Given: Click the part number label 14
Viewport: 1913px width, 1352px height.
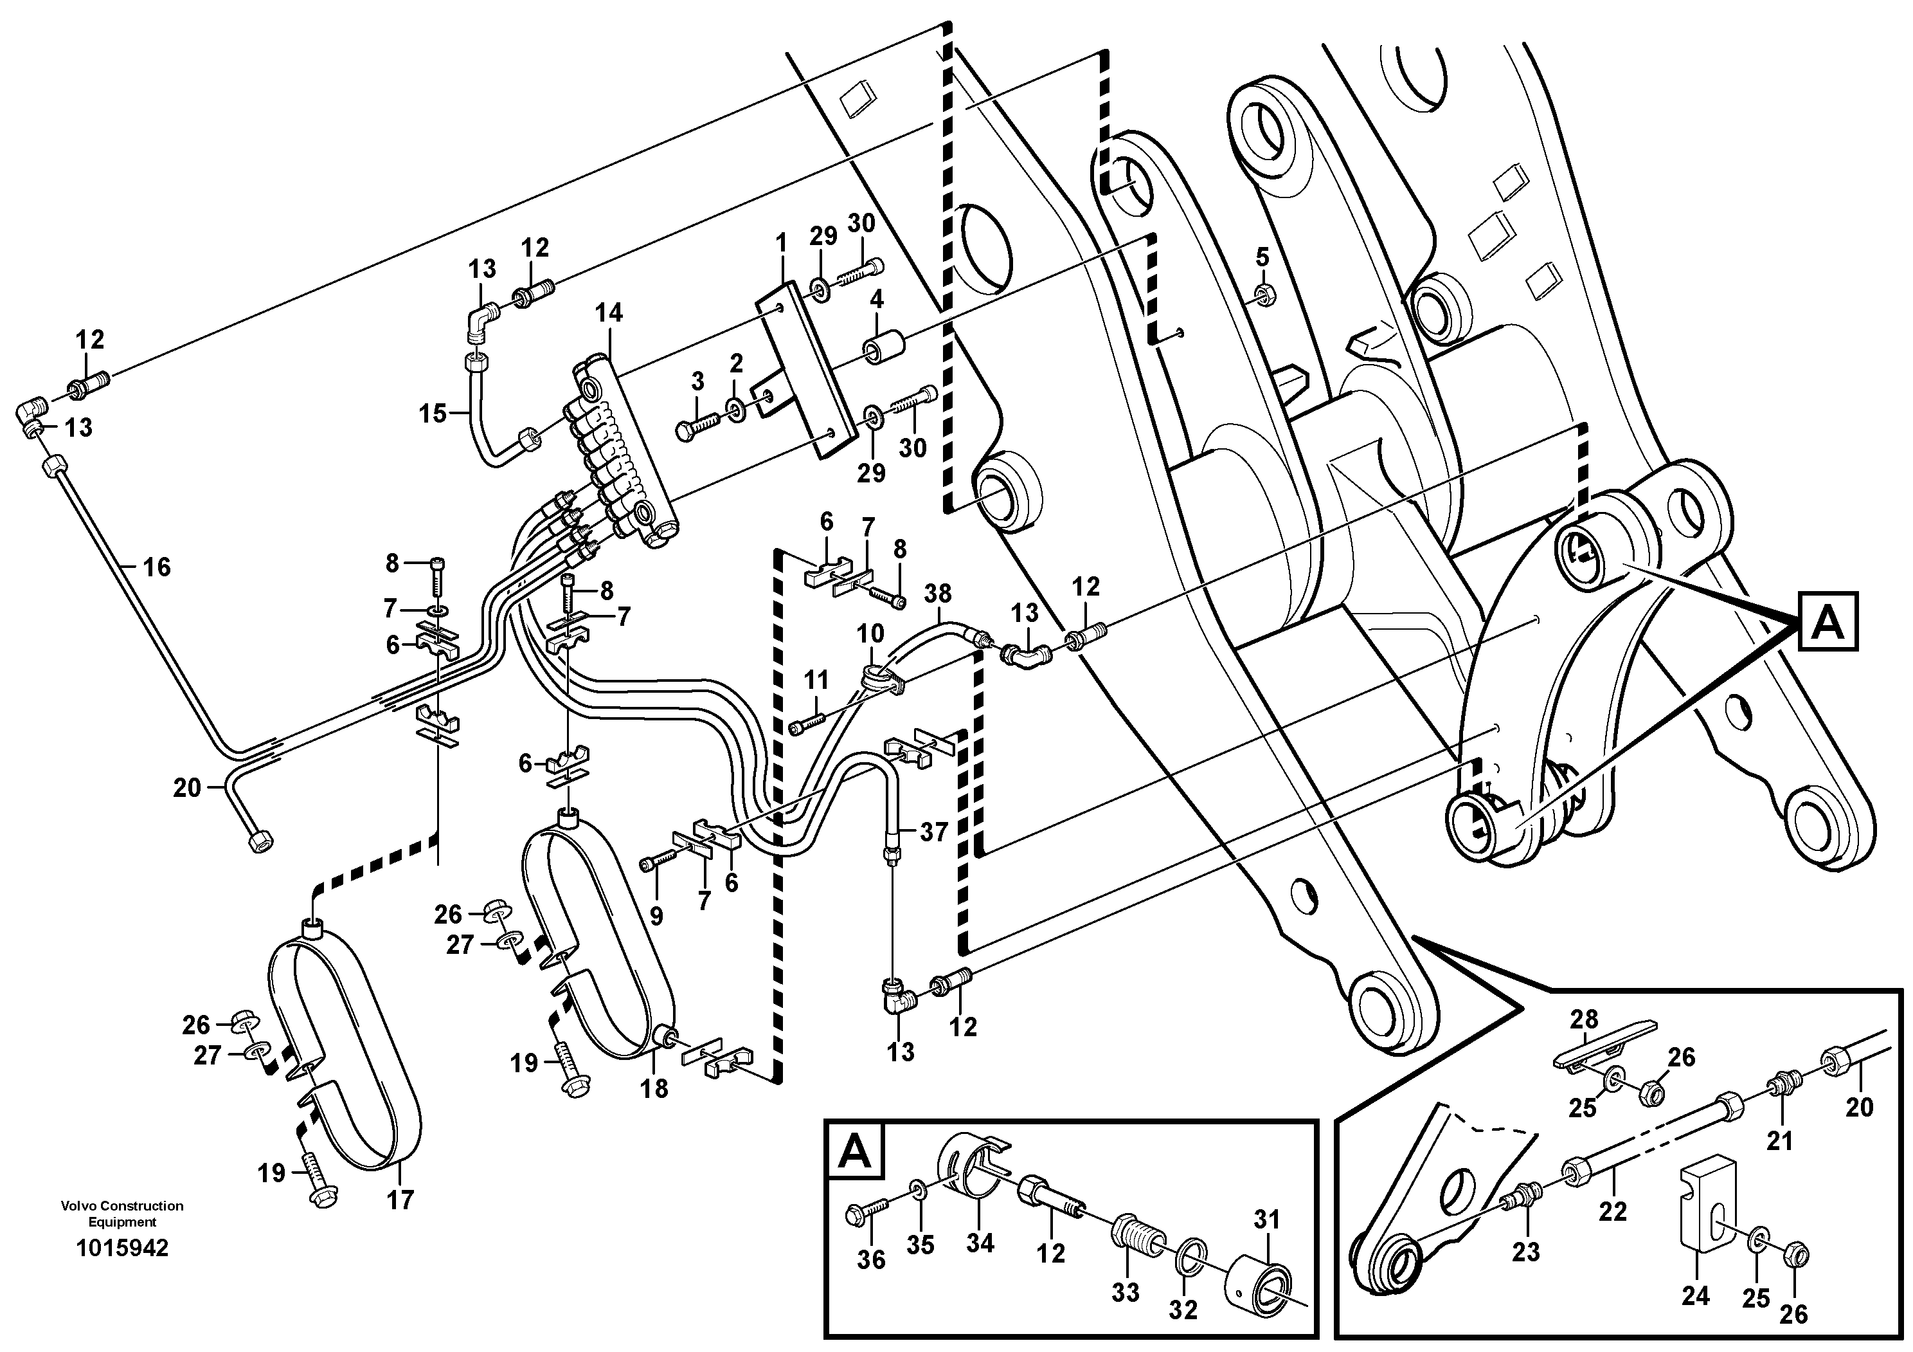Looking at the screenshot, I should pos(608,313).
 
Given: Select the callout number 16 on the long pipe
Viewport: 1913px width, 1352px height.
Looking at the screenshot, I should pos(157,568).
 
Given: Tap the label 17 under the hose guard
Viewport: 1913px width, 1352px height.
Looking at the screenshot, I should pos(400,1200).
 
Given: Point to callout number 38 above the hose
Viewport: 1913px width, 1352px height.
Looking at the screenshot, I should pos(937,594).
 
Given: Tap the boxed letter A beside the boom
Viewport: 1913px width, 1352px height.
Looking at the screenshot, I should pos(1828,622).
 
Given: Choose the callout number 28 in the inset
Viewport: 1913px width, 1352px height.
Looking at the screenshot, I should pos(1585,1019).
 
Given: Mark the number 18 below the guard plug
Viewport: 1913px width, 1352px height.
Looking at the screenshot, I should pos(654,1088).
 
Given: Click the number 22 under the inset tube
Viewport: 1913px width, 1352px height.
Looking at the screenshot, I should pos(1613,1211).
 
